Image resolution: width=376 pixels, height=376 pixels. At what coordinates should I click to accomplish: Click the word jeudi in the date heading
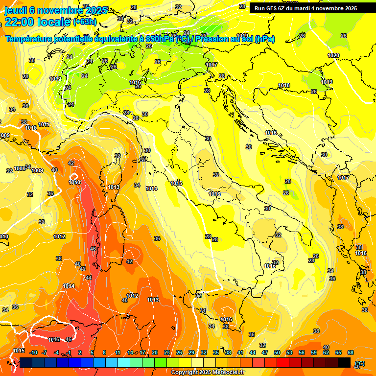(17, 10)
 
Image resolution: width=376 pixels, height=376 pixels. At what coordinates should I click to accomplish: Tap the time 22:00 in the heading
(21, 23)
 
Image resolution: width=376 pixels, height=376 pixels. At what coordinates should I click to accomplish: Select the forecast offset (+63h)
(85, 22)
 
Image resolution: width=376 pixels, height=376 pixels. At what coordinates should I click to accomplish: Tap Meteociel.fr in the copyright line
(227, 373)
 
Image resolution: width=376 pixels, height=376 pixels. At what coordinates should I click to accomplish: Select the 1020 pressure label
(333, 55)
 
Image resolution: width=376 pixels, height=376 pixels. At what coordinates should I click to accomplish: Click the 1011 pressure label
(44, 125)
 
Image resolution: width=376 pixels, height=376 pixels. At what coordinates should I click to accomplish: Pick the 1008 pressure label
(20, 168)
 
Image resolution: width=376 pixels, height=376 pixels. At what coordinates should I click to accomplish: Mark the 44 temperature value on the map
(88, 278)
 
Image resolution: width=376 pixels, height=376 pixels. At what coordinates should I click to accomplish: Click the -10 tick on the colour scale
(33, 352)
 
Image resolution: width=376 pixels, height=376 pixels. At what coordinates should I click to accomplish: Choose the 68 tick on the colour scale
(351, 352)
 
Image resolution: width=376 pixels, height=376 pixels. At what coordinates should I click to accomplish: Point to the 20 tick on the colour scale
(155, 352)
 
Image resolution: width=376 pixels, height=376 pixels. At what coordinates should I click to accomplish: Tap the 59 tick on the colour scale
(314, 352)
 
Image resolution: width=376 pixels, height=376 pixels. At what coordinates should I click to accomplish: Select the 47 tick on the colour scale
(265, 352)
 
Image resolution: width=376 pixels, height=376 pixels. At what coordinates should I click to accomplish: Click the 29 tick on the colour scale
(191, 352)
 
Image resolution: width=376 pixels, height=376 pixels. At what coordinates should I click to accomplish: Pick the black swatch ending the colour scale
(344, 362)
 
